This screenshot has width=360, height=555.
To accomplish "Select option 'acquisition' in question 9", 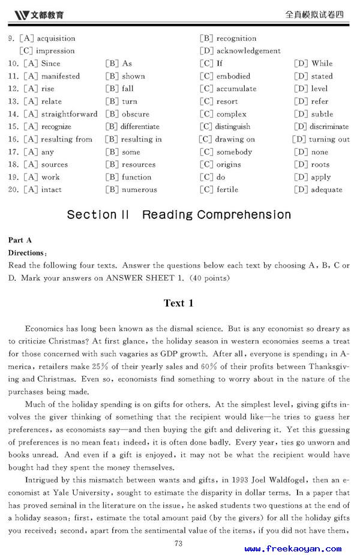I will click(x=55, y=38).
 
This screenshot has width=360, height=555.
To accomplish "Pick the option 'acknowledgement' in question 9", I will click(x=248, y=51).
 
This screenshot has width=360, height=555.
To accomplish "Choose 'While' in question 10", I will click(x=322, y=64).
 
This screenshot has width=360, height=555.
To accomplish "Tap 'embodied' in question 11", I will click(x=233, y=76).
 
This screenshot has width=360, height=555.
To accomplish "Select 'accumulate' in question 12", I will click(x=236, y=89).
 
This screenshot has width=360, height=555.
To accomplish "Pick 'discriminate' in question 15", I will click(x=329, y=127).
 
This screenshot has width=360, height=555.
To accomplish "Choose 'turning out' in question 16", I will click(x=329, y=139).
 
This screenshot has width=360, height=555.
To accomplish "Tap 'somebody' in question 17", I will click(x=234, y=152).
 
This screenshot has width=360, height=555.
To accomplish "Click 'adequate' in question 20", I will click(x=326, y=190).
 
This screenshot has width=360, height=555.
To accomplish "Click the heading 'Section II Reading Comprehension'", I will click(x=179, y=215).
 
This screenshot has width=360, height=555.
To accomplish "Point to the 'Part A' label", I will click(x=20, y=240).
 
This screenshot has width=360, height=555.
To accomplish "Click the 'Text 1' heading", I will click(x=179, y=303).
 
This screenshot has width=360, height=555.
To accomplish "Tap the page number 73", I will click(x=178, y=544).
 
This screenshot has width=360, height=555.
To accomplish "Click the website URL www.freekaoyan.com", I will click(x=293, y=548).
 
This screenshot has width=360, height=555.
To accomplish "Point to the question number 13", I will click(x=13, y=101).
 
